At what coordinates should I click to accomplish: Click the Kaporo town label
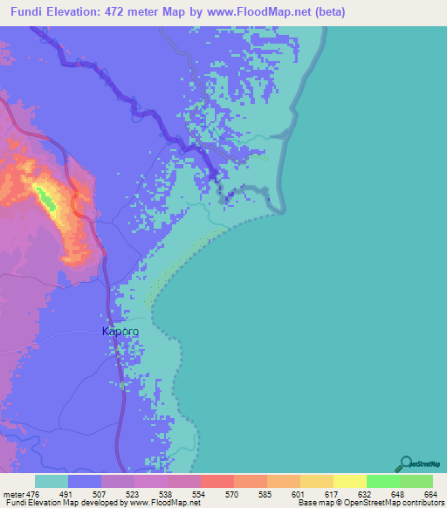[x=120, y=332]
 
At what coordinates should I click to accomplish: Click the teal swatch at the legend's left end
[x=51, y=482]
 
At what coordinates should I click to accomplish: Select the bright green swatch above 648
[x=382, y=482]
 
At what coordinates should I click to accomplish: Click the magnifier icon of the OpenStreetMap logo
[x=405, y=463]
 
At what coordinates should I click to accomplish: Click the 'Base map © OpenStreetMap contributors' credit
[x=370, y=503]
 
